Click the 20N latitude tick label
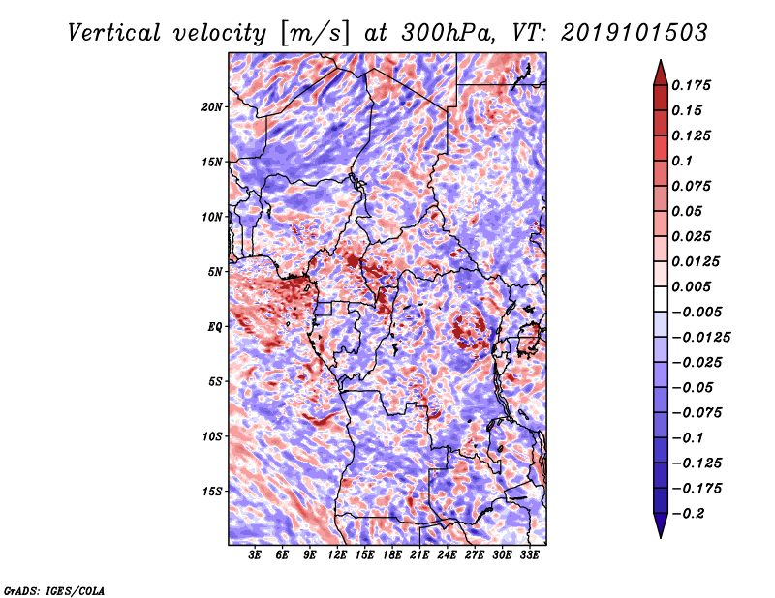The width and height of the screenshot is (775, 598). point(212,107)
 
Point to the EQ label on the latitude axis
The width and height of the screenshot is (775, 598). point(215,327)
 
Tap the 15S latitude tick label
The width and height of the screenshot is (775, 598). point(212,492)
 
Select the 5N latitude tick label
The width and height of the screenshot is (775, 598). point(215,272)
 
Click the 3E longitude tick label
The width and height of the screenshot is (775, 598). point(255,555)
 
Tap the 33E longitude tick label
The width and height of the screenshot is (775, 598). point(529,555)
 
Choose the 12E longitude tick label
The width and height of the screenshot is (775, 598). point(337,555)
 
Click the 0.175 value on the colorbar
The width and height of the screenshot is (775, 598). point(691,85)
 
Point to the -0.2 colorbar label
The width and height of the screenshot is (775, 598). point(688,514)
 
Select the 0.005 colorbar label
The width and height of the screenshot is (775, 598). point(691,286)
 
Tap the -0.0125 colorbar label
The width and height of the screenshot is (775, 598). point(700,338)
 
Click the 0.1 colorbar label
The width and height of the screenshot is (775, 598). point(682,161)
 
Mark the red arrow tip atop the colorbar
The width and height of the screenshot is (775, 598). point(661,60)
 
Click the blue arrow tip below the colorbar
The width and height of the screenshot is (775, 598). point(661,537)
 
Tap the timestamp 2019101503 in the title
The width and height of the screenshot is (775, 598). point(635,33)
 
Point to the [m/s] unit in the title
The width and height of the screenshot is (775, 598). point(315,34)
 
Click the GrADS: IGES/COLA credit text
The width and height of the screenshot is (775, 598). point(54,591)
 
